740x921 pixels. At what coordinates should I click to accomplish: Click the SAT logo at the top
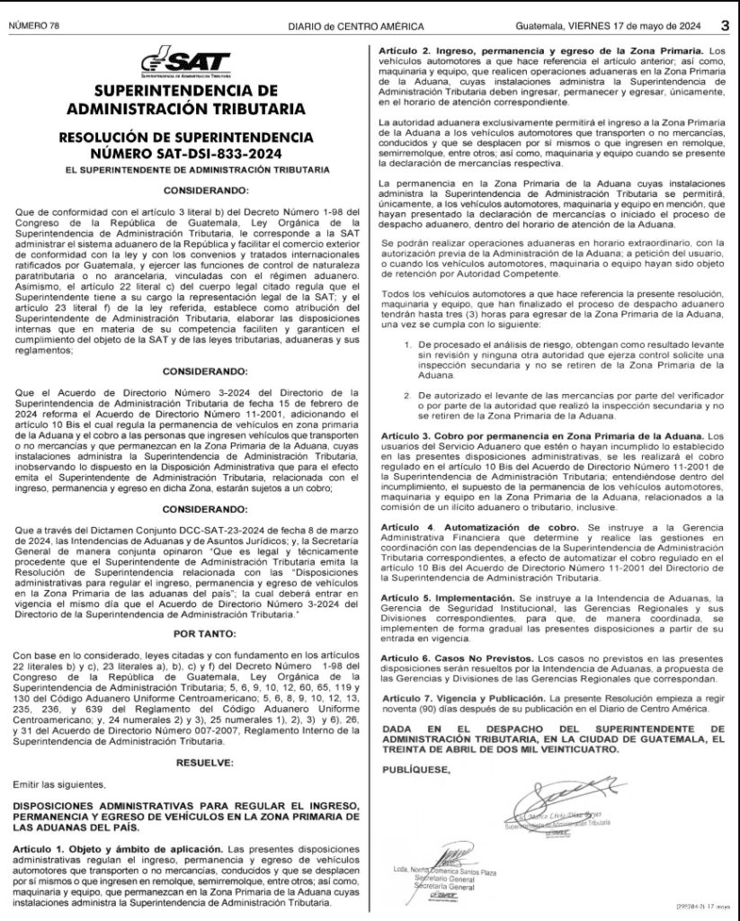click(186, 65)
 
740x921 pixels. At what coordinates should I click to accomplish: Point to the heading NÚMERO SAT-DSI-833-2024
click(186, 152)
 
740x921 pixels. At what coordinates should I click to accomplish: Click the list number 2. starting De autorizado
click(405, 393)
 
